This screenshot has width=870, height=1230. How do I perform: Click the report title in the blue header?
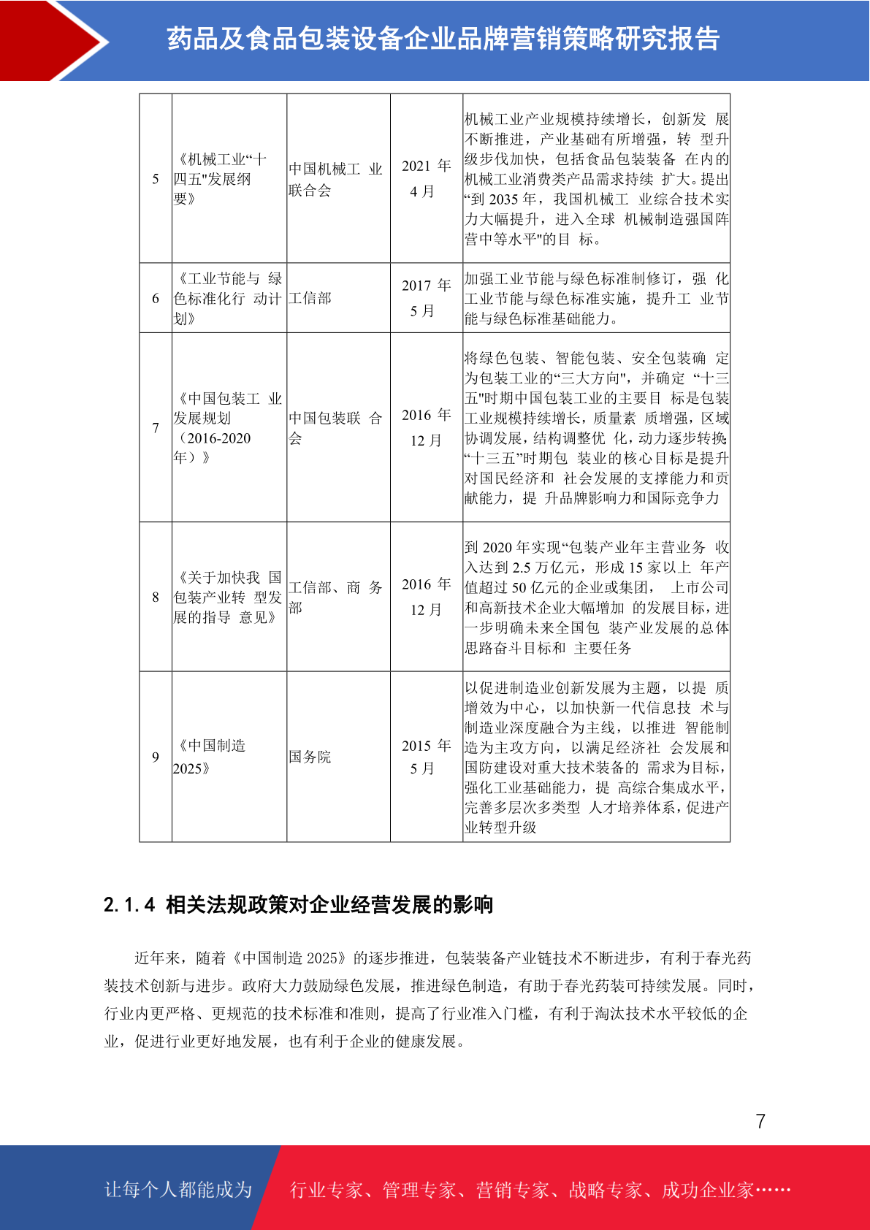[443, 39]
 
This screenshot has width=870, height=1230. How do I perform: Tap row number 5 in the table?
[156, 179]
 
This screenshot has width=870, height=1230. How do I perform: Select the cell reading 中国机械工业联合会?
[335, 180]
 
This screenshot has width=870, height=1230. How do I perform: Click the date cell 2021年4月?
[427, 179]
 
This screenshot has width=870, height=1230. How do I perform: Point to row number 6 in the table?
[156, 298]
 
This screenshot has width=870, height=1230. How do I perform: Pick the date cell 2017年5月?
[427, 298]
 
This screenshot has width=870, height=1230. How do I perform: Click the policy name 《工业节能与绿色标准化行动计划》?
[227, 299]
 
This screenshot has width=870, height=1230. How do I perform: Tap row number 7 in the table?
[156, 427]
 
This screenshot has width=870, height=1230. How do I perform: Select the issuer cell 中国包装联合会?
[335, 428]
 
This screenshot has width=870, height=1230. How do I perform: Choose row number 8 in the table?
[156, 597]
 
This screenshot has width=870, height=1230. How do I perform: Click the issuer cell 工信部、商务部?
[335, 597]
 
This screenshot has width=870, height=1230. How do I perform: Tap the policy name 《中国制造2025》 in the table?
[211, 757]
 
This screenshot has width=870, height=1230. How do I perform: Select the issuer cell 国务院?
[310, 757]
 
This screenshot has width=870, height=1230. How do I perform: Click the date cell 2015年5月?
[427, 757]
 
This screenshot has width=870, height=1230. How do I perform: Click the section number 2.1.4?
[129, 905]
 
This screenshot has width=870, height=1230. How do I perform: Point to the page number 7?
[760, 1121]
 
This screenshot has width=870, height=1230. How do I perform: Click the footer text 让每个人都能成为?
[178, 1190]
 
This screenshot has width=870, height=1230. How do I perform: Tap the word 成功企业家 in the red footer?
[707, 1191]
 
